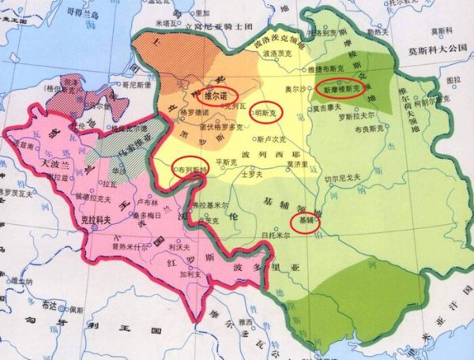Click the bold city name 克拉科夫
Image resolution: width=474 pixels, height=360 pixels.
[x=96, y=221]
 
